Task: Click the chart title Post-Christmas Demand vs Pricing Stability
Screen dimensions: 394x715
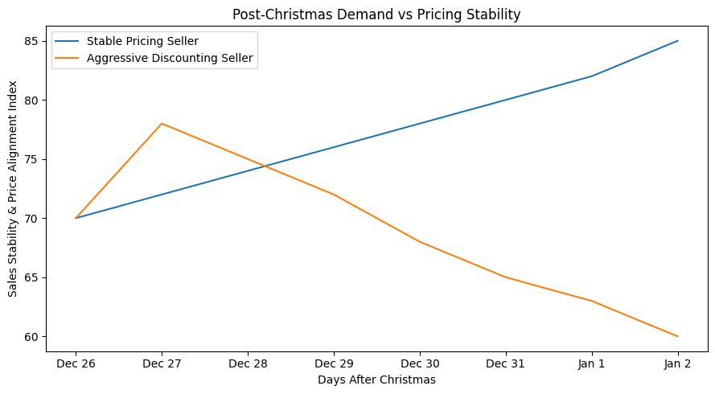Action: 376,14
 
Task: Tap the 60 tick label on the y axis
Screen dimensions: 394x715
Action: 30,336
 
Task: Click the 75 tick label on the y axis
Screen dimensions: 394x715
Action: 30,159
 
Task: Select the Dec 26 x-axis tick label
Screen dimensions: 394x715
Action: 76,363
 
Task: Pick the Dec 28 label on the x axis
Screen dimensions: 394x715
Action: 248,363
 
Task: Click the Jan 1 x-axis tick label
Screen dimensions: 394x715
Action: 592,363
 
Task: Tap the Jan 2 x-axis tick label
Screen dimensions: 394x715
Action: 678,363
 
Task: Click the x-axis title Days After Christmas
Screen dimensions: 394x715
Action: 376,380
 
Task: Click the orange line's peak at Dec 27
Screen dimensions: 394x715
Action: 162,124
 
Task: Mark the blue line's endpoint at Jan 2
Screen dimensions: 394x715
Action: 678,41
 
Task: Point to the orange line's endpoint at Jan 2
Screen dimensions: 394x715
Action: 678,336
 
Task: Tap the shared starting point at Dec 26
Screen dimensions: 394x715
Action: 76,218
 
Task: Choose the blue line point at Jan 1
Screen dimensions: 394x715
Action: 592,76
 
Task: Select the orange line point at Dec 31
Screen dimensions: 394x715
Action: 506,277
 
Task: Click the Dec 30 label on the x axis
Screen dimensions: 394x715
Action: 420,363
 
